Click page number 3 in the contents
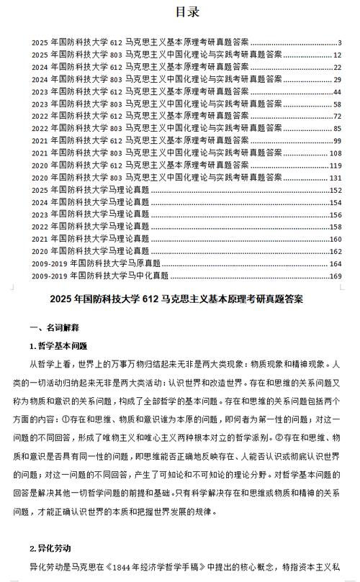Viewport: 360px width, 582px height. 339,43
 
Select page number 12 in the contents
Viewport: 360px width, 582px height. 336,55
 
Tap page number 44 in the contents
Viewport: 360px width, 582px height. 336,92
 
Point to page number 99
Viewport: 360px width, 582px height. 336,141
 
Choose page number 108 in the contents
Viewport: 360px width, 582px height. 335,153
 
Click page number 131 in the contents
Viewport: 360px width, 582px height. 335,178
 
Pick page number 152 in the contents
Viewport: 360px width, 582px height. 335,190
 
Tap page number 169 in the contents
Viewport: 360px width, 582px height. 335,276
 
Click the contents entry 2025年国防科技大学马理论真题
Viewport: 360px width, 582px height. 91,190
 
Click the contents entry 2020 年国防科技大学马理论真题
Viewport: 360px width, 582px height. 91,251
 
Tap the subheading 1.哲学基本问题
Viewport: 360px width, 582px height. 58,345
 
